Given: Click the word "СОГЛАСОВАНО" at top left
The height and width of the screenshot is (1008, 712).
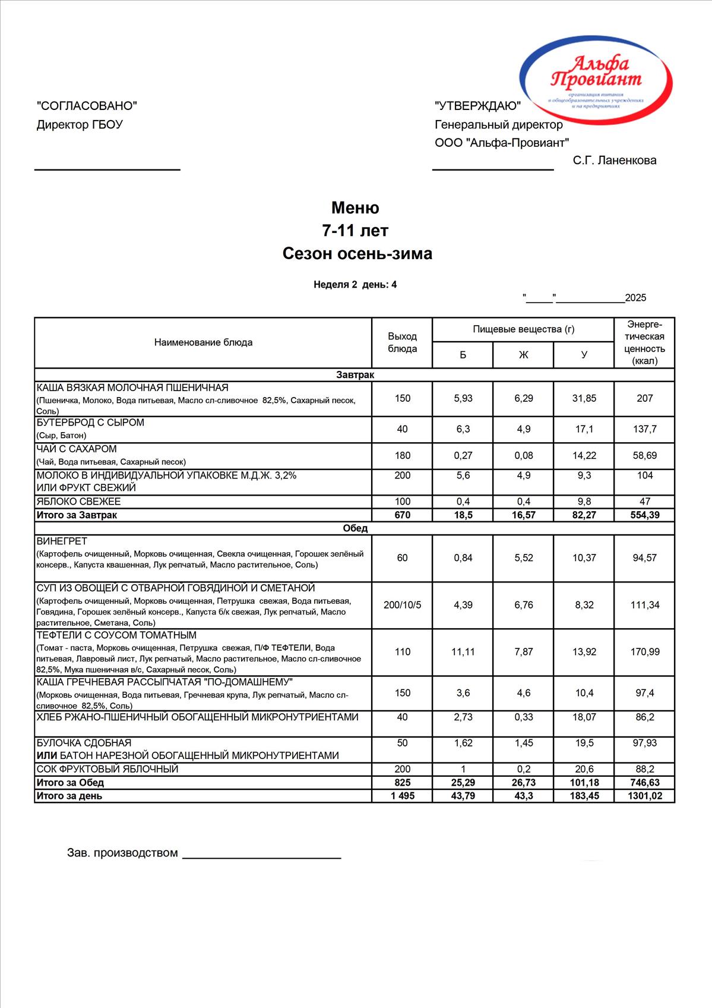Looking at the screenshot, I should coord(87,106).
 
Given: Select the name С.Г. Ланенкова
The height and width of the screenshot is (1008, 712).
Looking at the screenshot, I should coord(615,160).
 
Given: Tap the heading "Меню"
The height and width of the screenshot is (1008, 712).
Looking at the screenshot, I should coord(355,207).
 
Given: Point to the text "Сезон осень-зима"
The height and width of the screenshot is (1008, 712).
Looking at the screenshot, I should coord(357,254).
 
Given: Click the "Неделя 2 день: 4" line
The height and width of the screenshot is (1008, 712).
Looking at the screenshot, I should coord(355,285).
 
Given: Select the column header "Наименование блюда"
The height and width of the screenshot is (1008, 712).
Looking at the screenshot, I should coord(203,342).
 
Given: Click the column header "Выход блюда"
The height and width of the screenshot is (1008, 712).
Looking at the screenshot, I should coord(402,342).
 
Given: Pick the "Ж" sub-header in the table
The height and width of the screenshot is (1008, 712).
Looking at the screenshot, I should coord(523,355).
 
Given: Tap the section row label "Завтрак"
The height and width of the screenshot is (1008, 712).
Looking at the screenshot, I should coord(355,375).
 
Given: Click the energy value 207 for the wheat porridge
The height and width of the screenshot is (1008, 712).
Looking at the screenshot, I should coord(644,398).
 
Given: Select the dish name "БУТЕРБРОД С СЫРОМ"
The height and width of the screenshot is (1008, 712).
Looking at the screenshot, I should coord(90,423).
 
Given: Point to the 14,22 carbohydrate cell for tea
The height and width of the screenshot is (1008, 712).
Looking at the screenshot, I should coord(584,455).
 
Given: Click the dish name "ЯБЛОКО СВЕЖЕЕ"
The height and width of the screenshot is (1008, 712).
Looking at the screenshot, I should coord(78,502).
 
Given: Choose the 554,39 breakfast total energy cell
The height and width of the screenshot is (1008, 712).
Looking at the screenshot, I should coord(644,515).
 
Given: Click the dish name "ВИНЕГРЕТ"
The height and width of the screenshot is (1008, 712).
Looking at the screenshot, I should coord(62,541).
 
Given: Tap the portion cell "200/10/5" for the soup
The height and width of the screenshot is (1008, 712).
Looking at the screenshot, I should coord(402,605).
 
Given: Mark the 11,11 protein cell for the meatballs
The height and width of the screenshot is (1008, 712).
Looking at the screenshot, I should coord(463,652).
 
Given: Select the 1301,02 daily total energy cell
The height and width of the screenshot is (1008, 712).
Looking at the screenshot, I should coord(644,796).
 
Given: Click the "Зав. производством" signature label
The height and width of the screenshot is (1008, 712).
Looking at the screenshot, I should coord(122,853).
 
